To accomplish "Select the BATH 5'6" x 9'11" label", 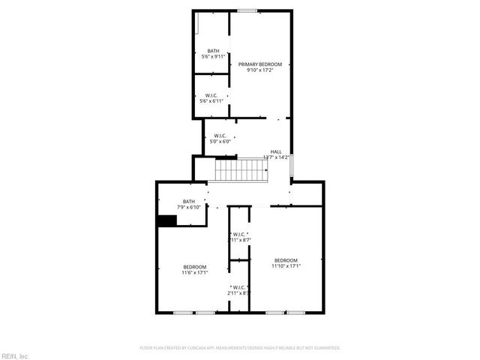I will pyautogui.click(x=214, y=53).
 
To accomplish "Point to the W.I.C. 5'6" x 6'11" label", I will pyautogui.click(x=211, y=98).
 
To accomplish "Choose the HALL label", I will pyautogui.click(x=276, y=151).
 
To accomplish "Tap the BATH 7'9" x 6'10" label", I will pyautogui.click(x=188, y=203).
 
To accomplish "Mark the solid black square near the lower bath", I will pyautogui.click(x=166, y=220).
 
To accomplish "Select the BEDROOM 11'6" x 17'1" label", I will pyautogui.click(x=194, y=269).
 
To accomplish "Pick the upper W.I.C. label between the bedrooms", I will pyautogui.click(x=240, y=237).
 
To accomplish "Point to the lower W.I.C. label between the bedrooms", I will pyautogui.click(x=239, y=289).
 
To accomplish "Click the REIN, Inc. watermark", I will pyautogui.click(x=15, y=355).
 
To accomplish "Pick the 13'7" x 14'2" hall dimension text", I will pyautogui.click(x=276, y=157).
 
